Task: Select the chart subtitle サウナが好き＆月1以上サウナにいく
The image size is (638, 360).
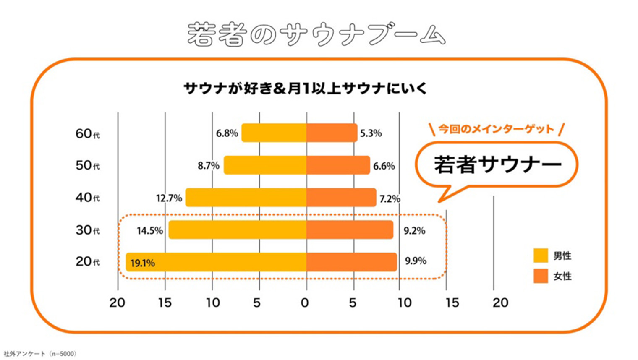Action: click(305, 89)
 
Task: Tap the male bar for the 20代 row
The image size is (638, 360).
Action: click(216, 262)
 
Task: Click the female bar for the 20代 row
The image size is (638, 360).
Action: click(351, 262)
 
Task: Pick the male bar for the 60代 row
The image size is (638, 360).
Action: click(274, 133)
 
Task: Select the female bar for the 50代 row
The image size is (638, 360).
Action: click(338, 165)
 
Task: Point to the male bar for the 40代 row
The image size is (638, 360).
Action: click(246, 198)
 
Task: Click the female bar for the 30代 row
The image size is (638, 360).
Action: click(350, 230)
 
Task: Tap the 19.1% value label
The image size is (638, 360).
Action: click(142, 263)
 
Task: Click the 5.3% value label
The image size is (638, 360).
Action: click(371, 133)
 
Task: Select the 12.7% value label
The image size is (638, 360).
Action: click(169, 198)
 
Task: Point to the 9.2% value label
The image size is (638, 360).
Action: click(414, 231)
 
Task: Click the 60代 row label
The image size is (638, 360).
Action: click(87, 134)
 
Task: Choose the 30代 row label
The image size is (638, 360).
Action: click(87, 230)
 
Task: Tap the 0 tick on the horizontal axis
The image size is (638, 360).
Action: click(305, 303)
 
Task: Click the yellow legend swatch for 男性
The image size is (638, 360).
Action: click(541, 256)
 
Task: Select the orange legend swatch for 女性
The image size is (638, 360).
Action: click(541, 276)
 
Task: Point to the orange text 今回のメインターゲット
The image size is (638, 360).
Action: click(496, 129)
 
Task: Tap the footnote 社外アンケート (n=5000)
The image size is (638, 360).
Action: click(40, 354)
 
